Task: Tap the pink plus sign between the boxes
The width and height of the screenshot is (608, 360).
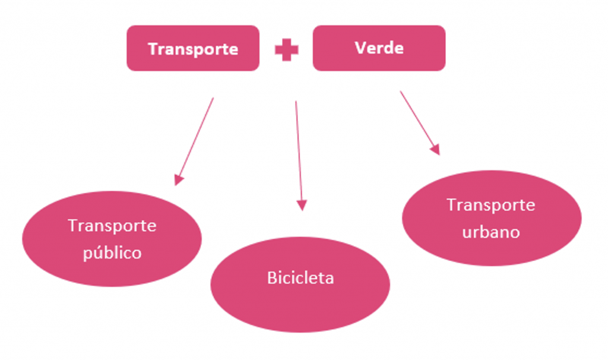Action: [x=286, y=50]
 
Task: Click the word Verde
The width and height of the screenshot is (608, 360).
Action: [x=379, y=48]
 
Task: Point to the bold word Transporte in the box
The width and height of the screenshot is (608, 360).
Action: [x=193, y=49]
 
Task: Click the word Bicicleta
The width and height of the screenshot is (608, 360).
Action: [x=300, y=277]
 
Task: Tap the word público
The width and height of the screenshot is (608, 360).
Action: [x=112, y=252]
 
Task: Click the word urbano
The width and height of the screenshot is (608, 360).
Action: [x=491, y=232]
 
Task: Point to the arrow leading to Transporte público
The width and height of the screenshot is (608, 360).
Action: [x=195, y=140]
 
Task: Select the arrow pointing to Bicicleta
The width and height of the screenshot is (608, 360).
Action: [x=299, y=154]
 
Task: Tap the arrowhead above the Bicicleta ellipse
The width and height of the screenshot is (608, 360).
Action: [x=302, y=206]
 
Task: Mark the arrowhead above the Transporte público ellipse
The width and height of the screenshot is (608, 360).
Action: [x=178, y=180]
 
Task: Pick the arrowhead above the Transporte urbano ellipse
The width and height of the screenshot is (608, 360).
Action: [x=436, y=149]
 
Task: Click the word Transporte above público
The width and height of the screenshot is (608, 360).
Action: [x=112, y=226]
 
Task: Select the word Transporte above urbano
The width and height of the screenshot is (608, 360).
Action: [x=491, y=205]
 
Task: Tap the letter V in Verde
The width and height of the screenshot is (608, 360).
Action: [x=360, y=48]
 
